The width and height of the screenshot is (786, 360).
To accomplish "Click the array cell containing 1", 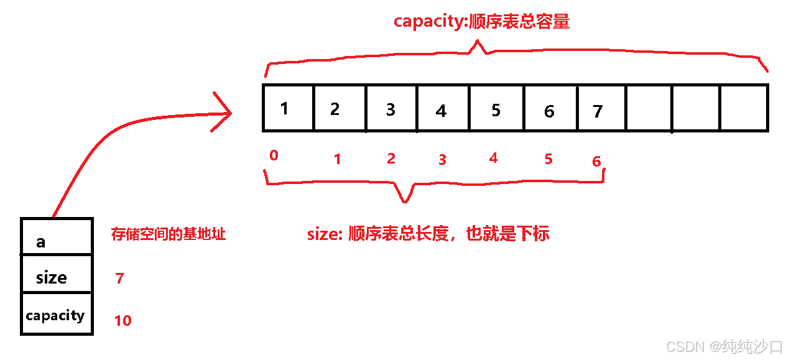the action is (x=288, y=108).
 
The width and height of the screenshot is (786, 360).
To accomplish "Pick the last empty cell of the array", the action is (x=744, y=108).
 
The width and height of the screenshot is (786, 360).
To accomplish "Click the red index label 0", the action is (x=274, y=155).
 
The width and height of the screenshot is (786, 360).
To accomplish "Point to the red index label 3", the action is (x=442, y=160).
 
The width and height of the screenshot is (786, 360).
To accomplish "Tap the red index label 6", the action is (x=596, y=162).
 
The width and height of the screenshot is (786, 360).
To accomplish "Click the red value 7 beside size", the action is (x=119, y=279).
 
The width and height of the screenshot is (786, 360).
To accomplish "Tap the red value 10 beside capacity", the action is (x=123, y=321).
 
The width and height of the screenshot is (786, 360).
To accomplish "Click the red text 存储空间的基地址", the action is (x=168, y=234).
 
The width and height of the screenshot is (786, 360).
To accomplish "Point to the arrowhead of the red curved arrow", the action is (x=228, y=113).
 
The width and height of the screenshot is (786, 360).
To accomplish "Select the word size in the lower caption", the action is (x=321, y=234).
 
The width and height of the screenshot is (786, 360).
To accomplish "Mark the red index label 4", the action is (x=493, y=159).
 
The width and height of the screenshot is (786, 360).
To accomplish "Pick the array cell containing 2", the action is (x=340, y=108).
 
